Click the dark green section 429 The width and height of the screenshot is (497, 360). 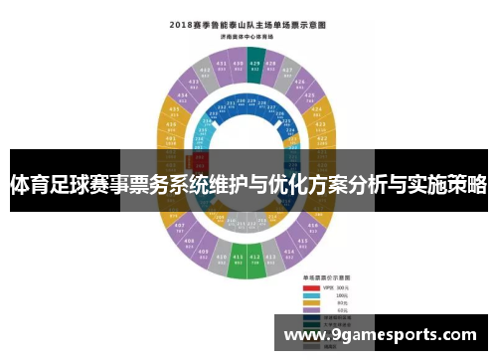point(255,61)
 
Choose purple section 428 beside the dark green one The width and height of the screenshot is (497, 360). point(272,64)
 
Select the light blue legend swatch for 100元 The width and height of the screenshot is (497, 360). point(310,295)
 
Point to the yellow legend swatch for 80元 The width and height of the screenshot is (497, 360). point(310,303)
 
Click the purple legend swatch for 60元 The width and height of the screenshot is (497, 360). point(310,311)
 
